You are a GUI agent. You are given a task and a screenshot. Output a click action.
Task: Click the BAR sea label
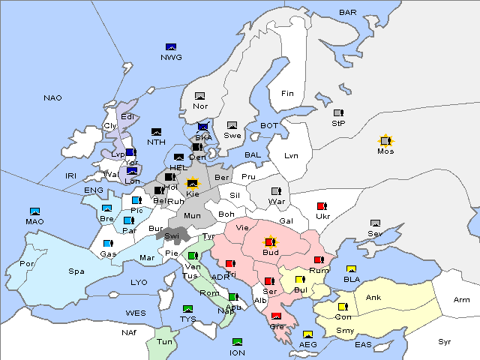(x=348, y=12)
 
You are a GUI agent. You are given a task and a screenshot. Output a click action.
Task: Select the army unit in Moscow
(x=385, y=141)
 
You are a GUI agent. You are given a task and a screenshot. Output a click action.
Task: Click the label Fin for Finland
(x=287, y=94)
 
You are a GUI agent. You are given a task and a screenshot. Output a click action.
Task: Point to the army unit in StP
(x=338, y=113)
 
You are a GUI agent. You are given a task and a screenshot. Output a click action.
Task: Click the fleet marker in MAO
(x=34, y=211)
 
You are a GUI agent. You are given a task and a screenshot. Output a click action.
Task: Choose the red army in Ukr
(x=322, y=206)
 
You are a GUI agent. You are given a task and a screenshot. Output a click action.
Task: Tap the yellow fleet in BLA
(x=351, y=269)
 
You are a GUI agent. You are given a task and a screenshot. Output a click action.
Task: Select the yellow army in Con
(x=343, y=307)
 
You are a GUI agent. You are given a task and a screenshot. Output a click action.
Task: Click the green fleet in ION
(x=238, y=342)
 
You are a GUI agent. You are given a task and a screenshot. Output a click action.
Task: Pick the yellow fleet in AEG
(x=307, y=334)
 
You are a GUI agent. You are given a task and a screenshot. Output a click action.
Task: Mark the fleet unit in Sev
(x=376, y=223)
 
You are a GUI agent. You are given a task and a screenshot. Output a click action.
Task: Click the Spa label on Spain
(x=76, y=271)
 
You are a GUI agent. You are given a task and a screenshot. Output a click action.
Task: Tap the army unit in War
(x=276, y=190)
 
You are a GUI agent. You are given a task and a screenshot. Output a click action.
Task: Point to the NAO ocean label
(x=52, y=98)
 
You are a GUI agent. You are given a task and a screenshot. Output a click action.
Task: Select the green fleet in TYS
(x=188, y=308)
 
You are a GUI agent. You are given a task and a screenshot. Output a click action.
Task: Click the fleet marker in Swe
(x=232, y=125)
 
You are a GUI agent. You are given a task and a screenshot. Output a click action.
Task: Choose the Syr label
(x=445, y=341)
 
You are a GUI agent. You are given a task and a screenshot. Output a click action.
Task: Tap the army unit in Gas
(x=109, y=244)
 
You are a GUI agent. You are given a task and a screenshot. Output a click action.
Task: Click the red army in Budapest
(x=270, y=242)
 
